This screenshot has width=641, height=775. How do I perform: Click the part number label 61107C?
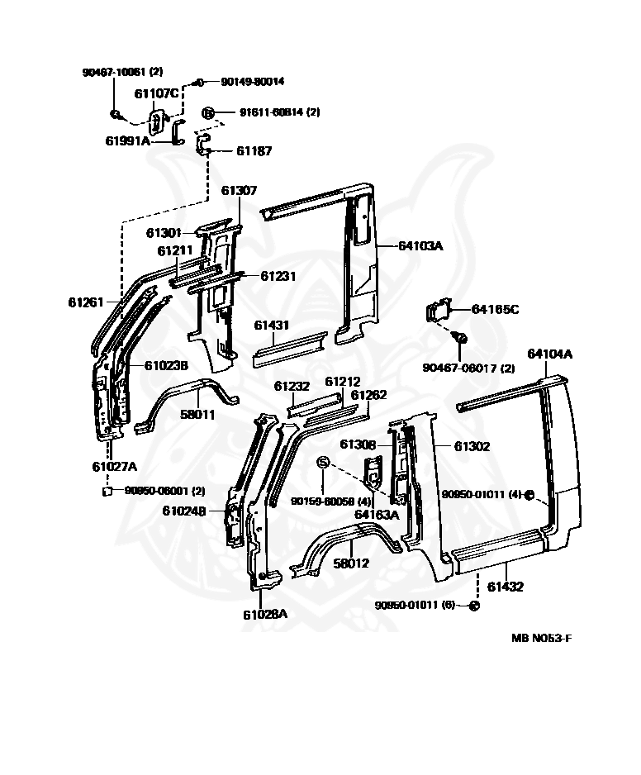coord(156,93)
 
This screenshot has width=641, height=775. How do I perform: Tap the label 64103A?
coord(420,245)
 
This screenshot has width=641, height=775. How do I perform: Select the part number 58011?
coord(197,414)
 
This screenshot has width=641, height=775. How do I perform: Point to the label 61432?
coord(505,587)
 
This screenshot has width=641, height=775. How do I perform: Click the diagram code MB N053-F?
coord(542,638)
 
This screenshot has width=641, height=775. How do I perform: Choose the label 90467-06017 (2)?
coord(468,368)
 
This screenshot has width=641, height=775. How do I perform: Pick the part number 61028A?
coord(265,615)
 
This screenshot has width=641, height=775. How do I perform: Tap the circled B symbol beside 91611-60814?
coord(208,113)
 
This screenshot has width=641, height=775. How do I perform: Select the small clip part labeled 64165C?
coord(439,311)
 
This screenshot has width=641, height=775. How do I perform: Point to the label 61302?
coord(472,446)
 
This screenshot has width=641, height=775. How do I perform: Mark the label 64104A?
coord(549,354)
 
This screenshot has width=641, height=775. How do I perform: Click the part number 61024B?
coord(184,511)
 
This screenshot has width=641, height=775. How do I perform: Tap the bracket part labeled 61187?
coord(203,143)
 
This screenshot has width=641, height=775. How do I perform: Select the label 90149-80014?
coord(252,82)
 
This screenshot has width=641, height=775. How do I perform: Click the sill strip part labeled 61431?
coord(290,349)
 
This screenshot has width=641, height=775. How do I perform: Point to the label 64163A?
coord(377,515)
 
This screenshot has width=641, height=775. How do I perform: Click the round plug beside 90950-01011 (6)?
coord(473,606)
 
